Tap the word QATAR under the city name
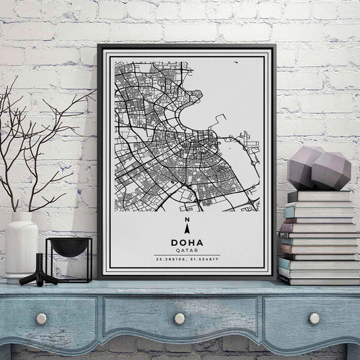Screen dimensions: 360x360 coord(186,250)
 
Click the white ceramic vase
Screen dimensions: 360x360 coord(22,247)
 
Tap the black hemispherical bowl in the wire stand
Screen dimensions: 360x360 coord(69,247)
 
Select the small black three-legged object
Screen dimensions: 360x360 coord(40,272)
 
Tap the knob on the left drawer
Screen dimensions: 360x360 coord(41,318)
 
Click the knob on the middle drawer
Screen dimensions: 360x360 coord(179,318)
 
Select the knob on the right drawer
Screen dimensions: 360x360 coord(314,317)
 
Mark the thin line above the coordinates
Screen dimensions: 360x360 coord(186,255)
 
